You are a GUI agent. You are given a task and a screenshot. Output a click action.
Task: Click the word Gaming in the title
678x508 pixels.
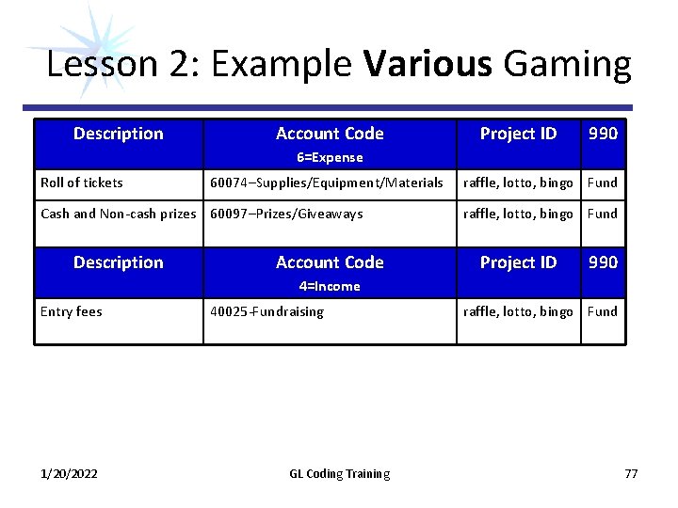pos(567,65)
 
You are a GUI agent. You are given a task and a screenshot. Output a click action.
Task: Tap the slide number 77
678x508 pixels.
pos(631,473)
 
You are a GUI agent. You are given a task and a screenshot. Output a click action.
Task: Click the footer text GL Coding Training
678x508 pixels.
pos(339,473)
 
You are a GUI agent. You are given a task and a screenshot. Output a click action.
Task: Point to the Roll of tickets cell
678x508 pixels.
pos(82,183)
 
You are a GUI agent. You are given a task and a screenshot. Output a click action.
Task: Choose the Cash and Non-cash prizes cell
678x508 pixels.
pos(119,214)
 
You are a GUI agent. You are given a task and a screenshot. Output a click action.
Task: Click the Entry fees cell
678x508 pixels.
pos(71,311)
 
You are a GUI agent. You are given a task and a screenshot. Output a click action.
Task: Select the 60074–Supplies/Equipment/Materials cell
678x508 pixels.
pos(326,183)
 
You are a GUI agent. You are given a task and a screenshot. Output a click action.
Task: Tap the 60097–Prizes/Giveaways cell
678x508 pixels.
pos(286,214)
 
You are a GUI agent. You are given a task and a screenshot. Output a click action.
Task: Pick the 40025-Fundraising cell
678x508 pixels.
pos(266,311)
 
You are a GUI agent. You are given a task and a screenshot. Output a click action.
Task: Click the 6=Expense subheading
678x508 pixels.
pos(330,157)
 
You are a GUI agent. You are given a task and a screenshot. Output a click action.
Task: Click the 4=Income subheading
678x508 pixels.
pos(330,286)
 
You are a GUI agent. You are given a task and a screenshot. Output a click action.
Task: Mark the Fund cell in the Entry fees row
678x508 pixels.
pos(603,311)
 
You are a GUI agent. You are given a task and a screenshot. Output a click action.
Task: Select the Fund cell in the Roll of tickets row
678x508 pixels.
pos(603,183)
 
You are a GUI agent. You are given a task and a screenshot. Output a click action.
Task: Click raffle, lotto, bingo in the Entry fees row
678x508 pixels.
pos(518,311)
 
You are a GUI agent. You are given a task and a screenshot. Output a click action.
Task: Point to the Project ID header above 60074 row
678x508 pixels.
pos(518,134)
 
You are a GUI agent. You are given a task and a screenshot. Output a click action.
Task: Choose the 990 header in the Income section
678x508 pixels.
pos(603,262)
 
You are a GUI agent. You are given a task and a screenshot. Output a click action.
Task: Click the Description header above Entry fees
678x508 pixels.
pos(119,262)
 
